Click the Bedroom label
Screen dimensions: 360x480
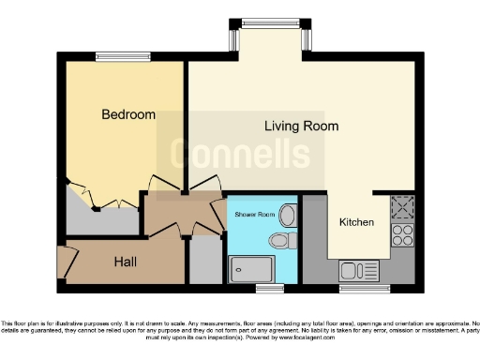[x=128, y=114]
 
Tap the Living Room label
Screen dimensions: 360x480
[x=301, y=126]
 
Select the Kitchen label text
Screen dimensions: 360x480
[x=356, y=222]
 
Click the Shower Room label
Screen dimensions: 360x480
[x=255, y=215]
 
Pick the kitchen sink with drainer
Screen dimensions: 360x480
[x=358, y=271]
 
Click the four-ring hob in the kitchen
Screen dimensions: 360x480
[x=403, y=233]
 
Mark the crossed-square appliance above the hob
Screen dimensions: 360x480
[x=403, y=206]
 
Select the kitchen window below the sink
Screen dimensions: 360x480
[x=365, y=287]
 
